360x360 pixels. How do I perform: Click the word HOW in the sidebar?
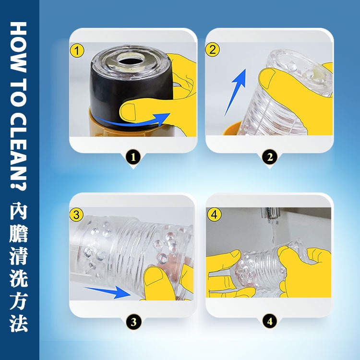(x=18, y=47)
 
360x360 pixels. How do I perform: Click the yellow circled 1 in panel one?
(x=77, y=51)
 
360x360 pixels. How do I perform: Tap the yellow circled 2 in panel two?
(x=213, y=49)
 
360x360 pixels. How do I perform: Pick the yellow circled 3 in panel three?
(x=77, y=215)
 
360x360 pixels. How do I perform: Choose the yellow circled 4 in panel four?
(x=214, y=215)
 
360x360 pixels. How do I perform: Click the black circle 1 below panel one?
(x=133, y=157)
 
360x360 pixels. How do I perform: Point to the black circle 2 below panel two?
(x=270, y=157)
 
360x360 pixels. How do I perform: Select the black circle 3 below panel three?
(x=133, y=322)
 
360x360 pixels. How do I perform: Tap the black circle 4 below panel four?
(x=270, y=321)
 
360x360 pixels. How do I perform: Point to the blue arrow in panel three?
(x=108, y=292)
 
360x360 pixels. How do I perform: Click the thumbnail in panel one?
(x=128, y=111)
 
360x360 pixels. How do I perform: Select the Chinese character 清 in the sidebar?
(x=18, y=255)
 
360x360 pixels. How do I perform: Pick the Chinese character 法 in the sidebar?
(x=18, y=324)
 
